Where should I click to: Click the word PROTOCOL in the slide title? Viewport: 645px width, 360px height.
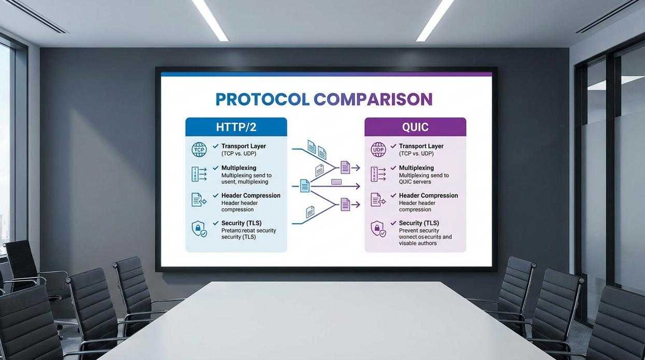click(x=262, y=99)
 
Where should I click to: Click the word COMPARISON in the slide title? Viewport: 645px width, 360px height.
click(x=373, y=99)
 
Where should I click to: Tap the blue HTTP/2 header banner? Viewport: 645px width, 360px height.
click(x=236, y=127)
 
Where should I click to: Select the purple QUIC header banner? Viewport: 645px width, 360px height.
click(x=415, y=127)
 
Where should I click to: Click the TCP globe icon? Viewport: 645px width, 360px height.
click(x=199, y=150)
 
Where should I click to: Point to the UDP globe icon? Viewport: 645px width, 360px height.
click(x=378, y=150)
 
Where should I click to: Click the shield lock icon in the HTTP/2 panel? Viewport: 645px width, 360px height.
click(x=199, y=228)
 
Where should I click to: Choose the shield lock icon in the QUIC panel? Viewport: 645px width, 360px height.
click(x=378, y=228)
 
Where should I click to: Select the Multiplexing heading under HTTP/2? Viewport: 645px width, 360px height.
click(x=239, y=168)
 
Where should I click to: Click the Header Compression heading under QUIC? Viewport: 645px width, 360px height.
click(x=428, y=196)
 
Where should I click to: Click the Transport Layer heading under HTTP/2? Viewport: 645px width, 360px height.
click(x=243, y=146)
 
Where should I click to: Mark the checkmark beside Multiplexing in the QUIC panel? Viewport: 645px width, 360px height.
click(x=394, y=168)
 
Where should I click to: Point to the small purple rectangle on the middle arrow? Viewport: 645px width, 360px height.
click(x=336, y=182)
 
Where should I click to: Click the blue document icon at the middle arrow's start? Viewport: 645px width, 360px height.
click(x=305, y=185)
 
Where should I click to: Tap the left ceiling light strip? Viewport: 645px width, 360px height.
click(x=210, y=20)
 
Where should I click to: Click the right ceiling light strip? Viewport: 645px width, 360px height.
click(x=434, y=20)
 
